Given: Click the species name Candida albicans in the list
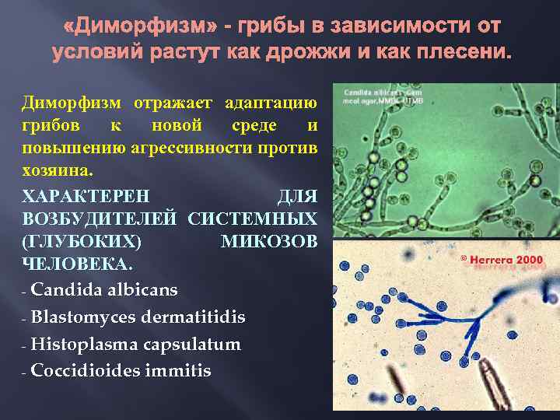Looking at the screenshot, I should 104,290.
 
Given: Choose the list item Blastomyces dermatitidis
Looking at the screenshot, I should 138,317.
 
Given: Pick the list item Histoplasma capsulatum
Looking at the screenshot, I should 135,345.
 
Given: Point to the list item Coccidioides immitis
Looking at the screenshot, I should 121,371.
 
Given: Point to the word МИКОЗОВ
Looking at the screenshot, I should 269,242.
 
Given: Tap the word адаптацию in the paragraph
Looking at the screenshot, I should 271,103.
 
